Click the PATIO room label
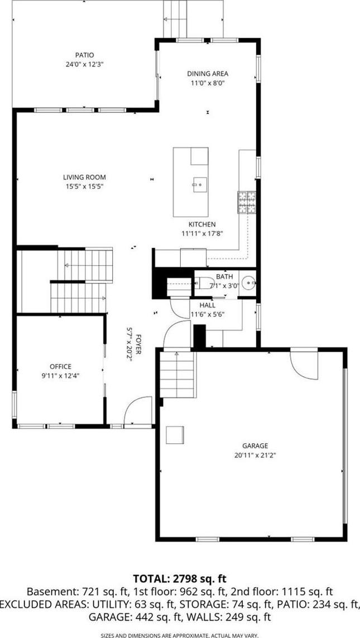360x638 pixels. [x=85, y=55]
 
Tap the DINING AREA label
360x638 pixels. [x=208, y=74]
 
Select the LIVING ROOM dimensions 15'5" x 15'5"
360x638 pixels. [x=84, y=186]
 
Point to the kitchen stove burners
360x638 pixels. [x=247, y=202]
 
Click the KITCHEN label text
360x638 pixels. [x=201, y=224]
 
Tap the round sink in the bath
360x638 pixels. [x=248, y=282]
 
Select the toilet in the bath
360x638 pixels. [x=204, y=282]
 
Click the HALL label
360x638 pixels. [x=208, y=305]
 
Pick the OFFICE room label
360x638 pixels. [x=61, y=367]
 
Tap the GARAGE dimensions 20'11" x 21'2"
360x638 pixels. [x=255, y=455]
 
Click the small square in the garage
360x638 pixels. [x=175, y=435]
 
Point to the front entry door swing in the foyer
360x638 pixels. [x=138, y=411]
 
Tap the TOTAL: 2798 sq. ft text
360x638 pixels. [x=179, y=578]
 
